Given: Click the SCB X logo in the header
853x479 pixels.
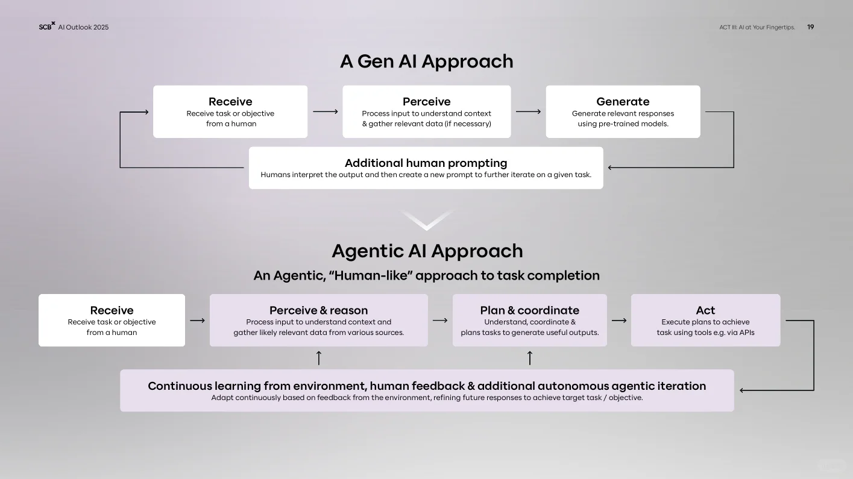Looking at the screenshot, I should point(46,27).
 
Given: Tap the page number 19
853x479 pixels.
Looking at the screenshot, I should point(810,27).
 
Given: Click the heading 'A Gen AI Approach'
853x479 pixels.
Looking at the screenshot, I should point(426,61).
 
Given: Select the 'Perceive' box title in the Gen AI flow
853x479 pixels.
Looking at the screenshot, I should point(426,102).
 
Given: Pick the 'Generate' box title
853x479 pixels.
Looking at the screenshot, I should point(623,102).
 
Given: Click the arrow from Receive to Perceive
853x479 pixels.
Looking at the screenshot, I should point(326,111).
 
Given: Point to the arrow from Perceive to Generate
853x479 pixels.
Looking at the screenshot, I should point(528,111).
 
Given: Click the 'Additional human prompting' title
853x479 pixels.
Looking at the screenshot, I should point(426,163).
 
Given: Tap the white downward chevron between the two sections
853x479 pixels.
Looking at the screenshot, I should point(426,220).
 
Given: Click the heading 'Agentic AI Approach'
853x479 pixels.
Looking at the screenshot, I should point(427,251).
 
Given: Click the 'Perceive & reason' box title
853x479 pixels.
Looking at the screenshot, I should point(318,310).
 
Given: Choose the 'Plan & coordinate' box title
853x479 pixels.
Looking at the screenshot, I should point(529,310).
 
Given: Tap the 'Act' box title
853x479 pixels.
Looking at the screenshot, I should point(705,310).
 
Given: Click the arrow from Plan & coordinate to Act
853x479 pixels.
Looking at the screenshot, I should point(619,321).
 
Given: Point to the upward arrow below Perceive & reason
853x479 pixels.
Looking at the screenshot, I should point(319,358).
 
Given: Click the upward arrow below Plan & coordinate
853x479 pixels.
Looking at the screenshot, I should point(530,358).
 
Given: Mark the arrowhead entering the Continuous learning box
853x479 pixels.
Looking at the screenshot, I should point(743,390).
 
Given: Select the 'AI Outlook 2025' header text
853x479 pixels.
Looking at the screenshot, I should point(83,27).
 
